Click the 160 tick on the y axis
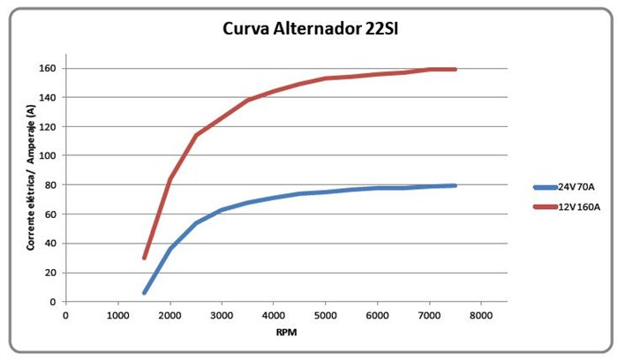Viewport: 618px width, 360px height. [x=48, y=69]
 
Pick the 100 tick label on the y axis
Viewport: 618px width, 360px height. [x=48, y=155]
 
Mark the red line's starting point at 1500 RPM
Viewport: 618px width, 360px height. [x=144, y=258]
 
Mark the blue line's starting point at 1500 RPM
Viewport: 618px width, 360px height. [x=144, y=292]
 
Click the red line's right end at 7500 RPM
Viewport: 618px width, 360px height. [x=455, y=69]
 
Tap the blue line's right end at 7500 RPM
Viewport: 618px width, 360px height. [x=455, y=185]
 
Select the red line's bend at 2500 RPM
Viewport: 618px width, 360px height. [x=196, y=135]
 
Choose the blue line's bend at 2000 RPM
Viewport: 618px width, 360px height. [x=170, y=248]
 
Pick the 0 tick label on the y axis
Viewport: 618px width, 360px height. [x=54, y=302]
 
